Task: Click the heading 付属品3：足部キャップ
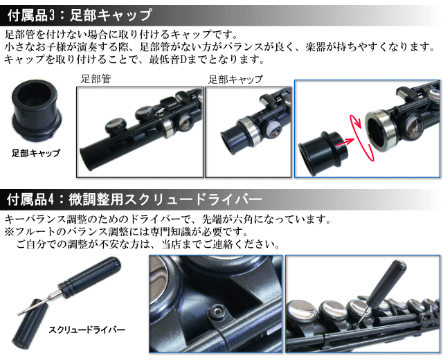(80, 15)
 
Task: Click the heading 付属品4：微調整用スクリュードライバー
(134, 199)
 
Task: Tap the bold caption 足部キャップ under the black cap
(36, 153)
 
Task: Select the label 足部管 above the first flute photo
(96, 79)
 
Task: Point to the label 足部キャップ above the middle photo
(235, 80)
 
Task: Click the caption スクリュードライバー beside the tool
(87, 330)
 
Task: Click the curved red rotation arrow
(359, 137)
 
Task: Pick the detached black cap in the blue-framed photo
(323, 154)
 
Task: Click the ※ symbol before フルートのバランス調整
(9, 232)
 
